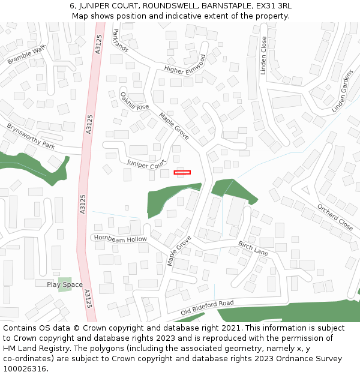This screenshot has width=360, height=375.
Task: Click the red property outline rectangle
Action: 182,172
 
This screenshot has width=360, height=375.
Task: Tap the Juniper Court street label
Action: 146,163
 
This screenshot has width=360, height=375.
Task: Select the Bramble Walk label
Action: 26,55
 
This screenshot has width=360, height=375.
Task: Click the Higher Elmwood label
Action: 185,64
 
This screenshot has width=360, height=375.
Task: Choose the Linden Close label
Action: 263,55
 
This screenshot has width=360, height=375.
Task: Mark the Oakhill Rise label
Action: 134,101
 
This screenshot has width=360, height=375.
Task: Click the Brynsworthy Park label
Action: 31,137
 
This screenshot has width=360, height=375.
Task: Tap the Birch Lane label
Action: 253,248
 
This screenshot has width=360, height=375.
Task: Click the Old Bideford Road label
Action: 207,308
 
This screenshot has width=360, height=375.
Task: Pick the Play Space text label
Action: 65,284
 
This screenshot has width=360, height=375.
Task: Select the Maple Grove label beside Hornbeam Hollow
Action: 179,251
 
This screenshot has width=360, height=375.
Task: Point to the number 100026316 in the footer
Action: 23,368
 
